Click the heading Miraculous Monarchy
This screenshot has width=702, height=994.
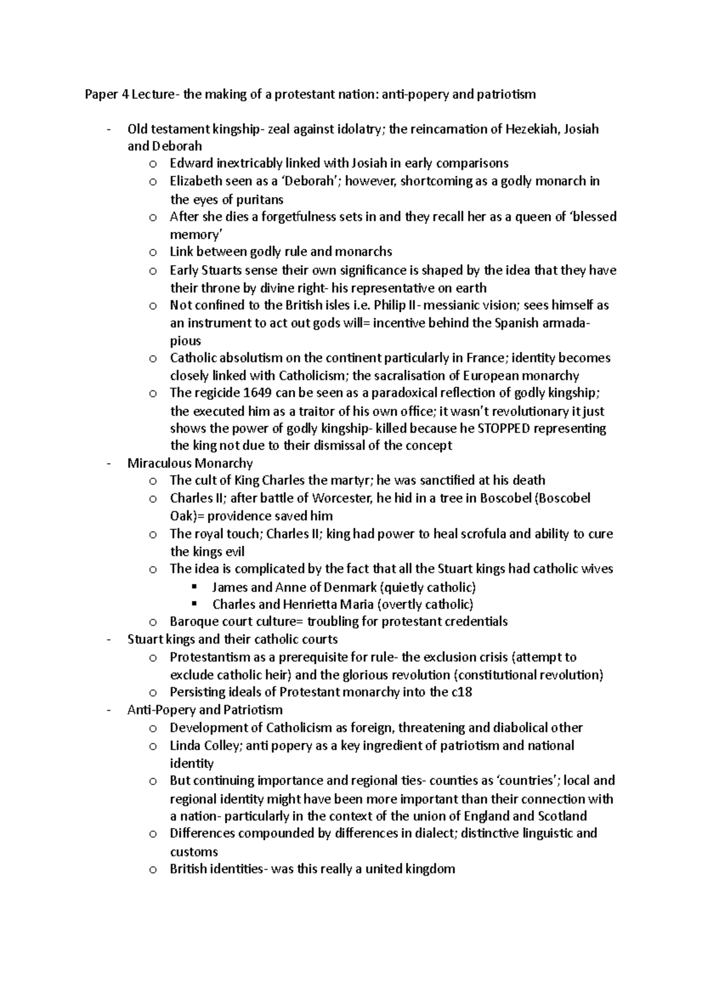click(x=190, y=464)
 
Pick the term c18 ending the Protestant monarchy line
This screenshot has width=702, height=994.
click(x=462, y=693)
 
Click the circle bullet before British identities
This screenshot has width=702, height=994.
click(x=153, y=870)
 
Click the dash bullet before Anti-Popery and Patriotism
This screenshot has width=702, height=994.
click(x=109, y=710)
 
